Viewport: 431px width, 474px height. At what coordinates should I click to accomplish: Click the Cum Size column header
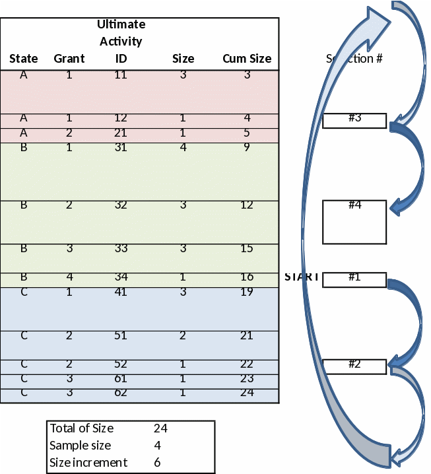click(x=246, y=59)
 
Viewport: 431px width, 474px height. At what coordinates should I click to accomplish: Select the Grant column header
click(x=69, y=59)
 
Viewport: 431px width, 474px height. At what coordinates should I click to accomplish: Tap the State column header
click(x=24, y=59)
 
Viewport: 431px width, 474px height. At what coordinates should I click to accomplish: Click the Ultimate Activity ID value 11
click(x=121, y=75)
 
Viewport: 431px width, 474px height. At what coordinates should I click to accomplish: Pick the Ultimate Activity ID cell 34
click(x=121, y=277)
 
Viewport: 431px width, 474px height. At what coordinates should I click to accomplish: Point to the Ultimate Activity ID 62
click(x=121, y=393)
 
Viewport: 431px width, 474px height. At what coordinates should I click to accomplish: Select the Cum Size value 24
click(x=246, y=393)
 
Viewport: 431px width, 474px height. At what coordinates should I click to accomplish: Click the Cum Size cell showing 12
click(x=246, y=205)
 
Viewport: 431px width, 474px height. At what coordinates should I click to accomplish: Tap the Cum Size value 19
click(x=246, y=292)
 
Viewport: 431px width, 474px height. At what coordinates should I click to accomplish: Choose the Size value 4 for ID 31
click(x=183, y=148)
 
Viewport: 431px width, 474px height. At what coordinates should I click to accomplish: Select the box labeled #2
click(x=354, y=366)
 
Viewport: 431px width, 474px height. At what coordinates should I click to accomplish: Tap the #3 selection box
click(x=354, y=120)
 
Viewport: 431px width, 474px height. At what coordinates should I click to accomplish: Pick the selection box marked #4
click(x=354, y=222)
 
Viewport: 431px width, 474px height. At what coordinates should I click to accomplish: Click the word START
click(x=302, y=277)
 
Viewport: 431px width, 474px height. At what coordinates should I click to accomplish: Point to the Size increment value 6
click(x=157, y=463)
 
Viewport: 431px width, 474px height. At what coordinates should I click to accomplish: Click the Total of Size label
click(x=82, y=428)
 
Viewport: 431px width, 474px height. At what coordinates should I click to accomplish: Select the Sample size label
click(x=81, y=446)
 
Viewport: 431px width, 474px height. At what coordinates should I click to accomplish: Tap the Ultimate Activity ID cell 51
click(x=121, y=336)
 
